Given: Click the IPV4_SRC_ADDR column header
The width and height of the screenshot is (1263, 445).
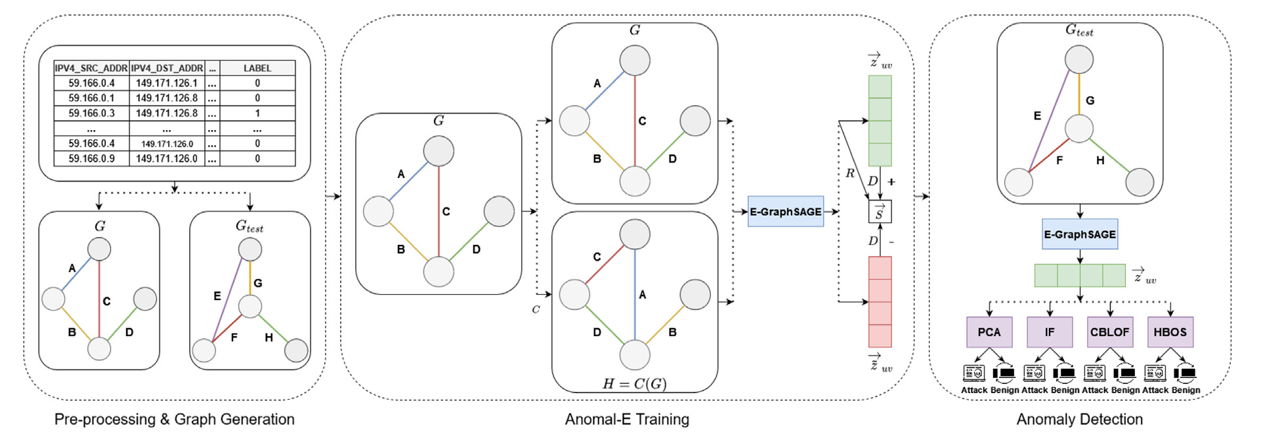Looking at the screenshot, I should pos(91,68).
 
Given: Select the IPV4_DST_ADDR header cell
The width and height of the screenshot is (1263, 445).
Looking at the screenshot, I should pos(167,68).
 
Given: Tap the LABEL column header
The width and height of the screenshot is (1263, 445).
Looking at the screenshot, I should pos(257,68).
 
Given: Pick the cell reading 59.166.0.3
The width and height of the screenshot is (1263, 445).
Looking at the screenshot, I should pos(91,113).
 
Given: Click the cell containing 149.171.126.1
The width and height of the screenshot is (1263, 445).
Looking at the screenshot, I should pos(167,83).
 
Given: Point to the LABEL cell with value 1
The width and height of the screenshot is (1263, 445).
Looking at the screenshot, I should pos(257,113).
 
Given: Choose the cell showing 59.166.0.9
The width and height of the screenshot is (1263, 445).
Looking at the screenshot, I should pos(91,158).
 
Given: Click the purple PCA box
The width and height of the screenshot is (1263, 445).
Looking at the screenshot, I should pos(989,332).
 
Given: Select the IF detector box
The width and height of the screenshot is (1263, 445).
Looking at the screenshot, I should pos(1050,332).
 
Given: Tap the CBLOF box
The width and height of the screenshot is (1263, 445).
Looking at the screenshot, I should pos(1110,332).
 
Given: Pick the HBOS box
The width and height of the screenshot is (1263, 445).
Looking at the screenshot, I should pos(1170,332).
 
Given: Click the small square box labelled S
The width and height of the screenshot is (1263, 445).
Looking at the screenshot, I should pos(880,212).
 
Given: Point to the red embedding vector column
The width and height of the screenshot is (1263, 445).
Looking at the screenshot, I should pos(880,302).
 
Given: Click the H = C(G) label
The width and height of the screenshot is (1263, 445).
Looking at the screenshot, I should pos(634,384).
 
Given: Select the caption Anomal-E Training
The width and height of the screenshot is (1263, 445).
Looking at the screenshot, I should pos(627,419).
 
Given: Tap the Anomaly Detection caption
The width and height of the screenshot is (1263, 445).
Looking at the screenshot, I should pos(1079,419).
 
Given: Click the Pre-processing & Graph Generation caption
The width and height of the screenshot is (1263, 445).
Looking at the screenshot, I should pos(174,419).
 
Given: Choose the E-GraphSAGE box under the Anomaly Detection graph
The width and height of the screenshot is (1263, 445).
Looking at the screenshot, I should pos(1080,234).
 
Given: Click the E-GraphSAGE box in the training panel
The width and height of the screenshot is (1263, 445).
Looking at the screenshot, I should pos(786,212).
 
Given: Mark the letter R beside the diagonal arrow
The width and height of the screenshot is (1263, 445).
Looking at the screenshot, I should pos(850,173).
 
